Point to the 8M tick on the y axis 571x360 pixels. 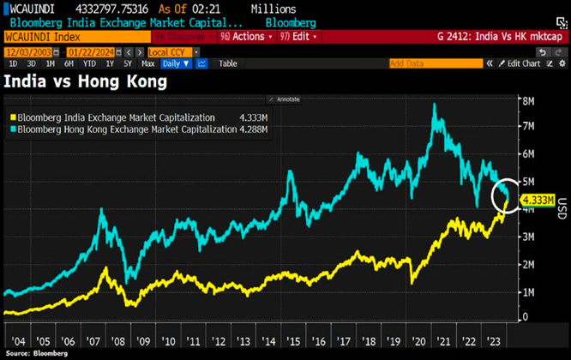click(532, 100)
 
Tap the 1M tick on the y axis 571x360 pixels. click(532, 291)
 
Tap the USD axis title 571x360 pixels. click(562, 207)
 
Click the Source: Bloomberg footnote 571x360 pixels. click(37, 352)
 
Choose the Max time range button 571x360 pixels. click(148, 63)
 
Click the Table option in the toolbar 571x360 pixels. click(228, 63)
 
